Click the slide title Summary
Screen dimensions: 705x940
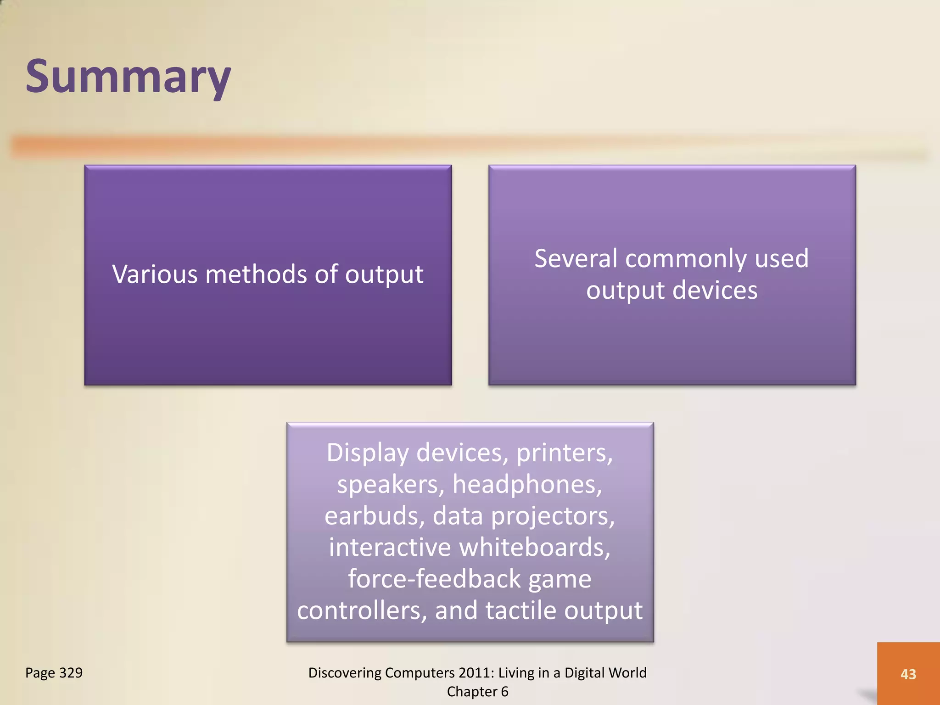tap(128, 77)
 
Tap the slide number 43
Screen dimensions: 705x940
tap(908, 674)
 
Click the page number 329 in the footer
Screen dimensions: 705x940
tap(71, 672)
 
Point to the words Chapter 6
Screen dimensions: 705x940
tap(477, 691)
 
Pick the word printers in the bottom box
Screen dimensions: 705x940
tap(564, 453)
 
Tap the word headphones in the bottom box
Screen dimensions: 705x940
tap(527, 484)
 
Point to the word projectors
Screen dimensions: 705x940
tap(553, 516)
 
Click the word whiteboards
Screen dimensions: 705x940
tap(534, 547)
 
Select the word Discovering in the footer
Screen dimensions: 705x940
tap(345, 672)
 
